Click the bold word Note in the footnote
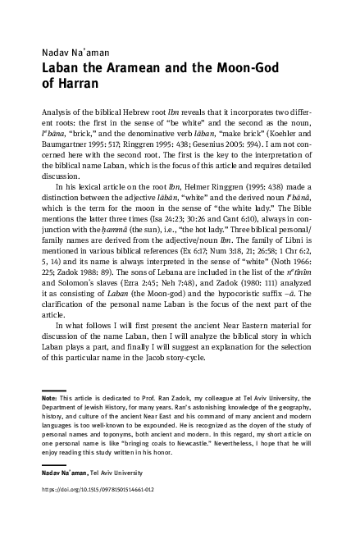pyautogui.click(x=48, y=399)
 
